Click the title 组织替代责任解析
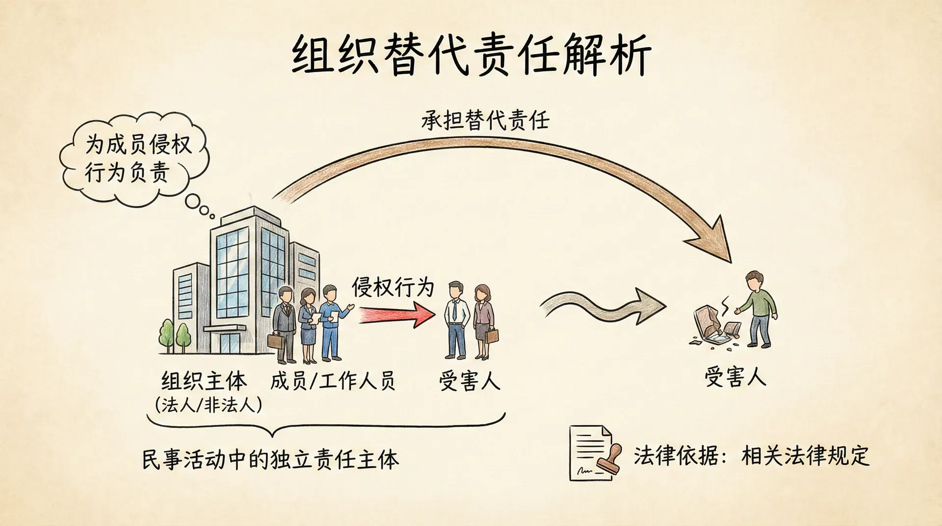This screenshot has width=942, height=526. [x=471, y=55]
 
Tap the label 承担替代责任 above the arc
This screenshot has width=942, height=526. [x=485, y=120]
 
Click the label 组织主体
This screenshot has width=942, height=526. [x=204, y=381]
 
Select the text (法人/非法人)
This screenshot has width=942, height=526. [x=208, y=405]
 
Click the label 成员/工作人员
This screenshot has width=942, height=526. [x=333, y=381]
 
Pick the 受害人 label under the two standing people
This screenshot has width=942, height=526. [x=470, y=381]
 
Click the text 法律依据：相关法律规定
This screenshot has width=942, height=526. [x=751, y=455]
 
